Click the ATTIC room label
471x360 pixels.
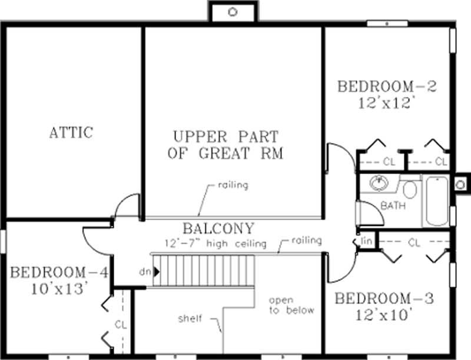click(x=71, y=132)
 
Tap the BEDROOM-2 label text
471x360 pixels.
click(x=386, y=87)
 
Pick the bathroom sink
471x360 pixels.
click(x=379, y=184)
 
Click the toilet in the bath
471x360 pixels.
click(x=410, y=189)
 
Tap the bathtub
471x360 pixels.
click(x=437, y=201)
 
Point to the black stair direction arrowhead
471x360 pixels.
click(x=157, y=272)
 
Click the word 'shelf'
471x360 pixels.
click(x=190, y=319)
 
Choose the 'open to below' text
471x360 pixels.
click(x=291, y=305)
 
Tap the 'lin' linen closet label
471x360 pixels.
click(x=366, y=241)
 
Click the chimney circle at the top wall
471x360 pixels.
click(x=232, y=12)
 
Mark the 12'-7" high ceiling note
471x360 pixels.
click(x=215, y=243)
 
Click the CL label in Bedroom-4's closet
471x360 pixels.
click(x=120, y=324)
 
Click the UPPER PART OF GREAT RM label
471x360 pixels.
click(x=225, y=145)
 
